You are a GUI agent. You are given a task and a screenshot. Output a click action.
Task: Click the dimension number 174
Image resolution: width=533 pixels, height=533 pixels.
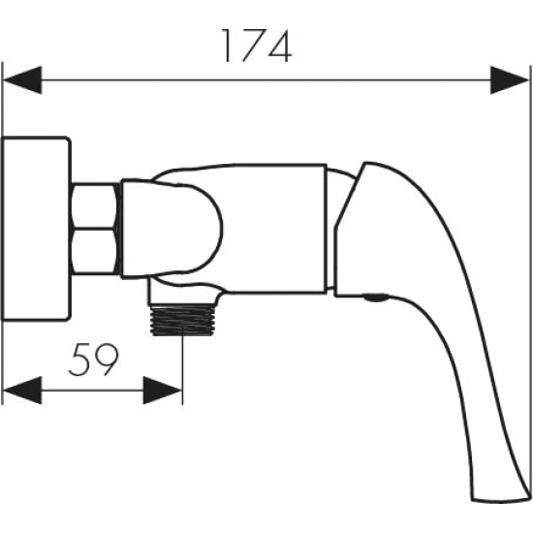click(257, 47)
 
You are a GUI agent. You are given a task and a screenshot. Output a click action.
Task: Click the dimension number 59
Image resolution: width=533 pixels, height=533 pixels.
click(93, 360)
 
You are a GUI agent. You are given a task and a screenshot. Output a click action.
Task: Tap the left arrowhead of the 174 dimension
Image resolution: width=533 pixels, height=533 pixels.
click(22, 80)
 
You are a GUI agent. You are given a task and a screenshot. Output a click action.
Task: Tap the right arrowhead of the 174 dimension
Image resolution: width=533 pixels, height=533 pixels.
click(510, 80)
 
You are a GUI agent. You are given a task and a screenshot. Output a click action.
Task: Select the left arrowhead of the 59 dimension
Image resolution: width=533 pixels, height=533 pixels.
click(22, 391)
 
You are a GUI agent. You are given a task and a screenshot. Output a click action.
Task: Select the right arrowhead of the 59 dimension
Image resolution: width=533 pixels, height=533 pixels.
click(163, 391)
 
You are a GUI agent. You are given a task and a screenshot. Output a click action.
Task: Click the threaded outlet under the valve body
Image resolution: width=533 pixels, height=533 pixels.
click(182, 320)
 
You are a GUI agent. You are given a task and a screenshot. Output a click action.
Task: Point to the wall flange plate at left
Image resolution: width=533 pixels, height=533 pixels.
click(36, 229)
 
